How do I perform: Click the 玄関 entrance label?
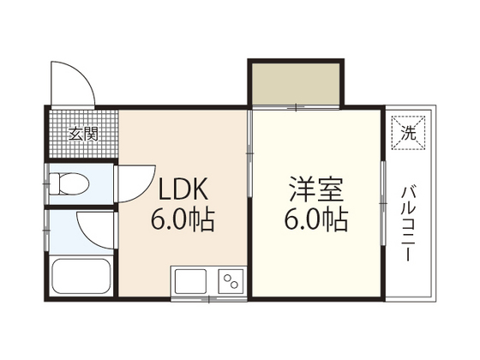(x=83, y=134)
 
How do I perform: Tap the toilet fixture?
(x=69, y=183)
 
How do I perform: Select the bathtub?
(x=81, y=276)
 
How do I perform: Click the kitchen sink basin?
(x=190, y=281)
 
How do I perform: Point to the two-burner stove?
(x=231, y=281)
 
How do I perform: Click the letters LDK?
(x=183, y=189)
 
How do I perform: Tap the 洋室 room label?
(x=316, y=189)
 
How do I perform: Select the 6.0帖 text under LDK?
(x=183, y=220)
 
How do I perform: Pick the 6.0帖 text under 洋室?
(x=316, y=220)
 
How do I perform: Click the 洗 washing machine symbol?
(x=409, y=133)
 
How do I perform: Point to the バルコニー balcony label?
(x=409, y=224)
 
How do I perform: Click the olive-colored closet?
(x=296, y=84)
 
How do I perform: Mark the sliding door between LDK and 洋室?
(x=249, y=153)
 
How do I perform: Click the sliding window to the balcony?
(x=383, y=203)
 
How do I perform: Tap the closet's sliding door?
(x=296, y=107)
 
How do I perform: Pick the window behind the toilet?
(x=46, y=183)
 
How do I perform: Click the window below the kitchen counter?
(x=209, y=299)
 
